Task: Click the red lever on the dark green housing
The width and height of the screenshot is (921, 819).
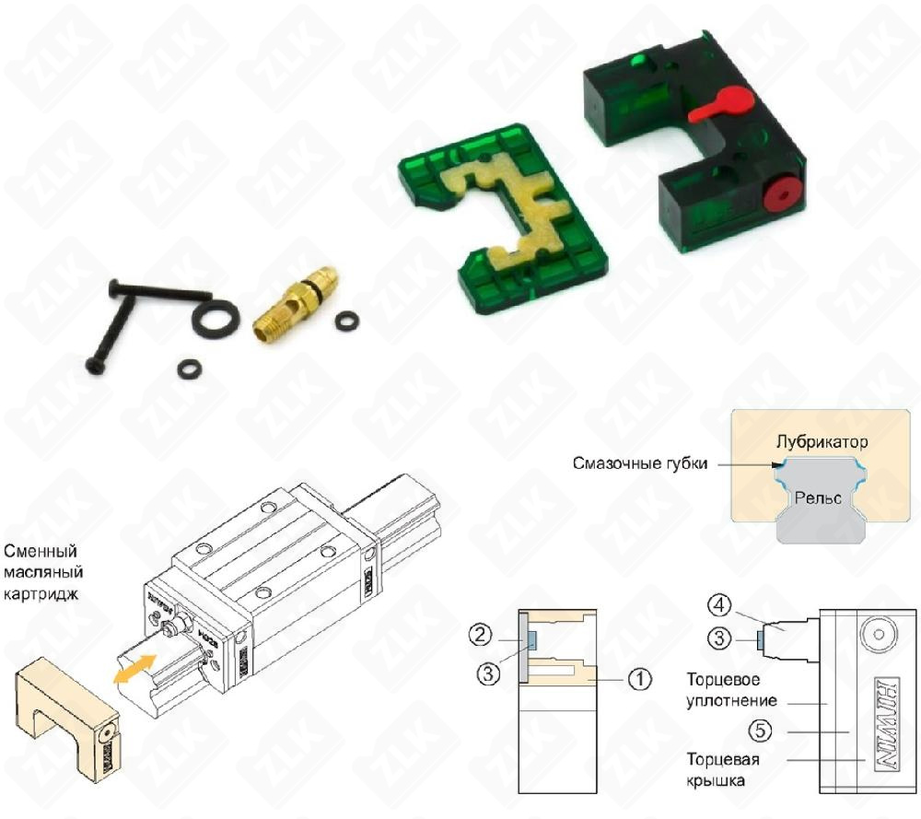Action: pyautogui.click(x=719, y=104)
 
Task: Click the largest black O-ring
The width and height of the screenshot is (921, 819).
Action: pyautogui.click(x=216, y=319)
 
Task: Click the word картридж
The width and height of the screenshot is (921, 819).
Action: pyautogui.click(x=41, y=594)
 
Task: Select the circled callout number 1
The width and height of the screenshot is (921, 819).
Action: pyautogui.click(x=638, y=679)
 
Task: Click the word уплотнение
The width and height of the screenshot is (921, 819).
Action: pyautogui.click(x=731, y=700)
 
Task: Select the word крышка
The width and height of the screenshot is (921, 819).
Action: pyautogui.click(x=716, y=780)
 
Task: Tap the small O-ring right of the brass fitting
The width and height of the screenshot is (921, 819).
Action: pyautogui.click(x=347, y=321)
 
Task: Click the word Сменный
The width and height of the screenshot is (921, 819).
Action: pyautogui.click(x=41, y=552)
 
